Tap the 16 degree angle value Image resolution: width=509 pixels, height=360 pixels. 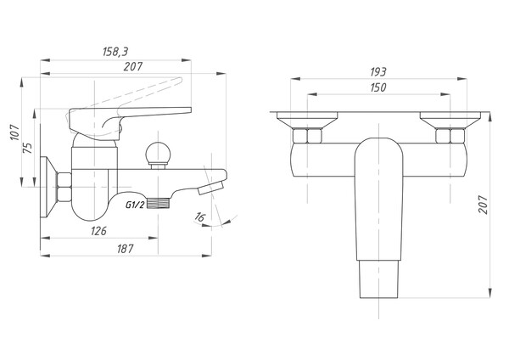tap(199, 219)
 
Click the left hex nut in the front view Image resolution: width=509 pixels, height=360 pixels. tap(305, 135)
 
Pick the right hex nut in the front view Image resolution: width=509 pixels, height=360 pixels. tap(448, 135)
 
